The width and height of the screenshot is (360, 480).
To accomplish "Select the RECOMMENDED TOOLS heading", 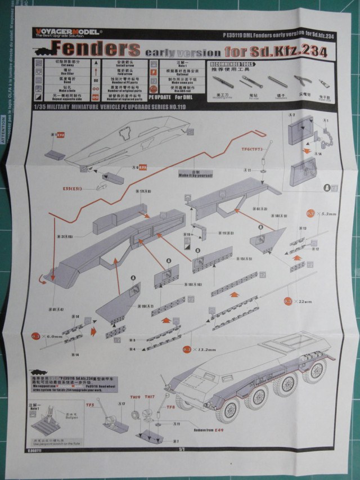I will coord(231,64).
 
